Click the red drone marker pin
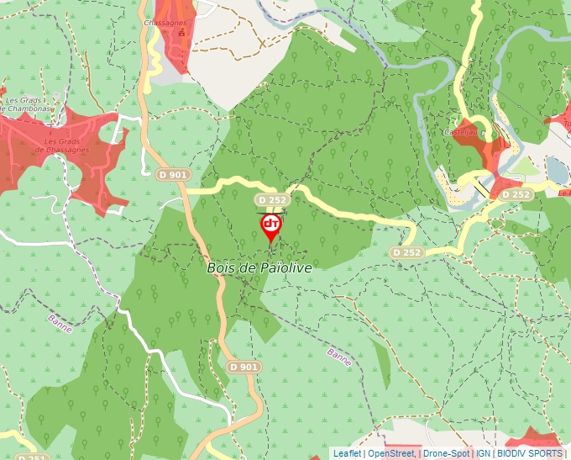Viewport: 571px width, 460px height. (271, 226)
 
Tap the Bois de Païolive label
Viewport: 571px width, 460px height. (259, 267)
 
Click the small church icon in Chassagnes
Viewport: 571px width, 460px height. (181, 33)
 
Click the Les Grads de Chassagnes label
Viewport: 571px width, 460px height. (62, 145)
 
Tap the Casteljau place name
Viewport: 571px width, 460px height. (460, 132)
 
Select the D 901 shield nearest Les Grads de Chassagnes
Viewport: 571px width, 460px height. (173, 174)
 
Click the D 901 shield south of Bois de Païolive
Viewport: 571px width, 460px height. (243, 367)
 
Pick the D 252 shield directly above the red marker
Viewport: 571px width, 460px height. (273, 200)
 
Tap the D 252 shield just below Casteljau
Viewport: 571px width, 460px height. (517, 194)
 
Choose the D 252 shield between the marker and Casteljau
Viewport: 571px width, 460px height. (407, 252)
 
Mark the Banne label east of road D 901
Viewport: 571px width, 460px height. (339, 358)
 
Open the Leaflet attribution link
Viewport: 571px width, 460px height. (347, 453)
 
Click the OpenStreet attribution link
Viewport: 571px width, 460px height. (390, 453)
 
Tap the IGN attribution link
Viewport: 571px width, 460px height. (484, 453)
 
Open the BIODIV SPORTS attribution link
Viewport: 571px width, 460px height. (531, 453)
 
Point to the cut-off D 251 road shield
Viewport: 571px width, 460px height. (31, 457)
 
